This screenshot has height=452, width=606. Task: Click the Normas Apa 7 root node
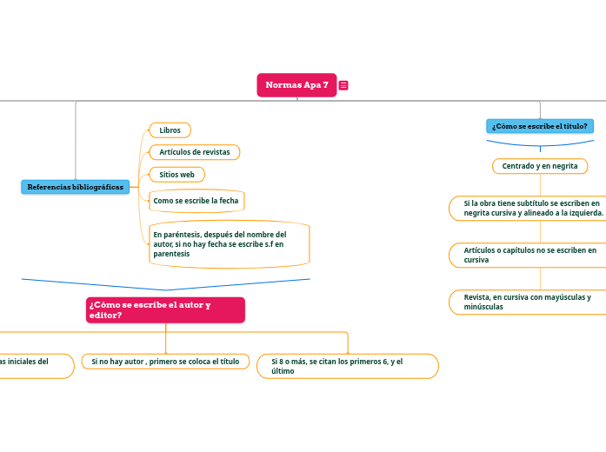point(296,84)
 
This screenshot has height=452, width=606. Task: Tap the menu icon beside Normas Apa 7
point(343,85)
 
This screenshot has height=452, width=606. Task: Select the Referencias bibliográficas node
point(76,187)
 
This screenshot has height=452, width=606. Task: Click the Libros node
point(170,130)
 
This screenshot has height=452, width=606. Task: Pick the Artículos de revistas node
point(195,152)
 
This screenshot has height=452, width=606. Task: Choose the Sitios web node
point(177,175)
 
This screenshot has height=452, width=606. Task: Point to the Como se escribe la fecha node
point(196,201)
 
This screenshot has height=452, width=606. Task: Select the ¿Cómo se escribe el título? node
point(539,126)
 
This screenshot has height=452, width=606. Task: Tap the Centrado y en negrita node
point(540,165)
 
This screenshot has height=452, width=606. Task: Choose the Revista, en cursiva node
point(527,302)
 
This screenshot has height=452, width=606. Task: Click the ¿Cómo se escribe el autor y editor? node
point(165,309)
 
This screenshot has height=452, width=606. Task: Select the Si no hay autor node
point(165,361)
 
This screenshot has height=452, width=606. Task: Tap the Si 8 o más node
point(348,366)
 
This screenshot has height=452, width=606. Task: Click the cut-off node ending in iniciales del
point(35,366)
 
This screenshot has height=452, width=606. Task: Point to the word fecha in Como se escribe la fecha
point(229,201)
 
